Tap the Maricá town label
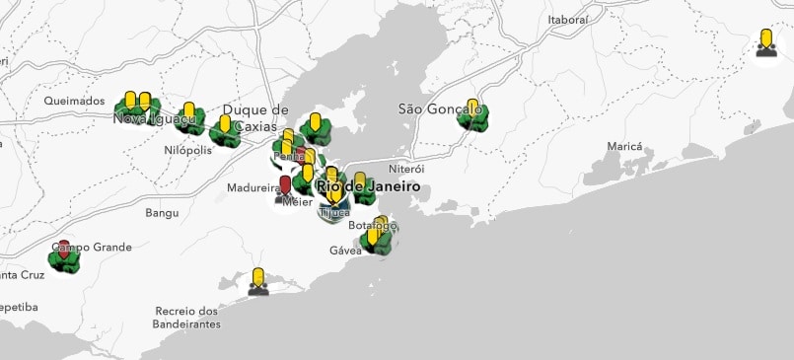point(623,146)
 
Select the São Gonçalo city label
point(439,108)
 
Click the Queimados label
point(74,101)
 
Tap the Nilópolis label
point(187,150)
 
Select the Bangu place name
point(162,212)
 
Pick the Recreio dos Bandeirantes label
point(187,317)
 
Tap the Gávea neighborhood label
point(345,251)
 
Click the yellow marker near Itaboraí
point(765,39)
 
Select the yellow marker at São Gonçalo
point(472,108)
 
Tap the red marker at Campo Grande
point(64,248)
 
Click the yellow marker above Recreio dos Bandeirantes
point(257,277)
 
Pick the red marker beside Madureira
point(286,184)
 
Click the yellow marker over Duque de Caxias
point(225,125)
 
